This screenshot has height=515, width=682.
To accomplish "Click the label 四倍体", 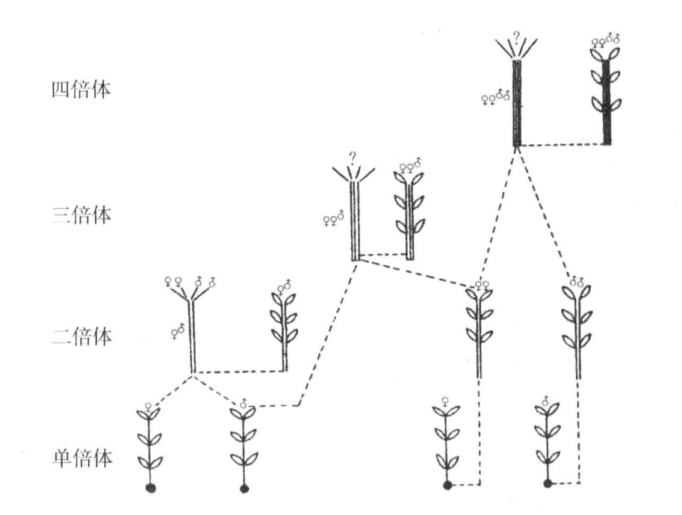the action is point(81,90).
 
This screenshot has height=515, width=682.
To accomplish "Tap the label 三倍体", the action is point(81,215).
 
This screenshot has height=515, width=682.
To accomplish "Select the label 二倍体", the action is point(81,336).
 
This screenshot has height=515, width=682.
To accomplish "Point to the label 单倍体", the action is point(81,458).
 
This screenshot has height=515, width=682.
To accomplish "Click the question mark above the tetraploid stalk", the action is point(516,38).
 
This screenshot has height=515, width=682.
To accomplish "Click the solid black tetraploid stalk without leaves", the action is point(517,102).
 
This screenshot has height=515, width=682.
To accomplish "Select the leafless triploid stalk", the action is point(356,221).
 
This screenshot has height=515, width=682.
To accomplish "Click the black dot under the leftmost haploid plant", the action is point(150,488).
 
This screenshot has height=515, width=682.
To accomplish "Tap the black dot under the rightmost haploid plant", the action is point(548,483).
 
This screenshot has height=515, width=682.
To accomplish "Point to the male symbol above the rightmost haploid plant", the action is point(545,400).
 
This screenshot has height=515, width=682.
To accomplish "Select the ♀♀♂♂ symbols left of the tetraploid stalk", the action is point(495,97).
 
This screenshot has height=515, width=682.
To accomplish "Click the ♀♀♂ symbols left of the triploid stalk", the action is point(334,219).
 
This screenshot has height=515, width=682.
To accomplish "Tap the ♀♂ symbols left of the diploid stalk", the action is point(178,332).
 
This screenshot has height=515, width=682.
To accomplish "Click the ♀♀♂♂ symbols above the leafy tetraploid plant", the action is point(605,40).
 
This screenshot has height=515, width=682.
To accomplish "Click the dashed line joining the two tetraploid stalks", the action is point(562,144).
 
